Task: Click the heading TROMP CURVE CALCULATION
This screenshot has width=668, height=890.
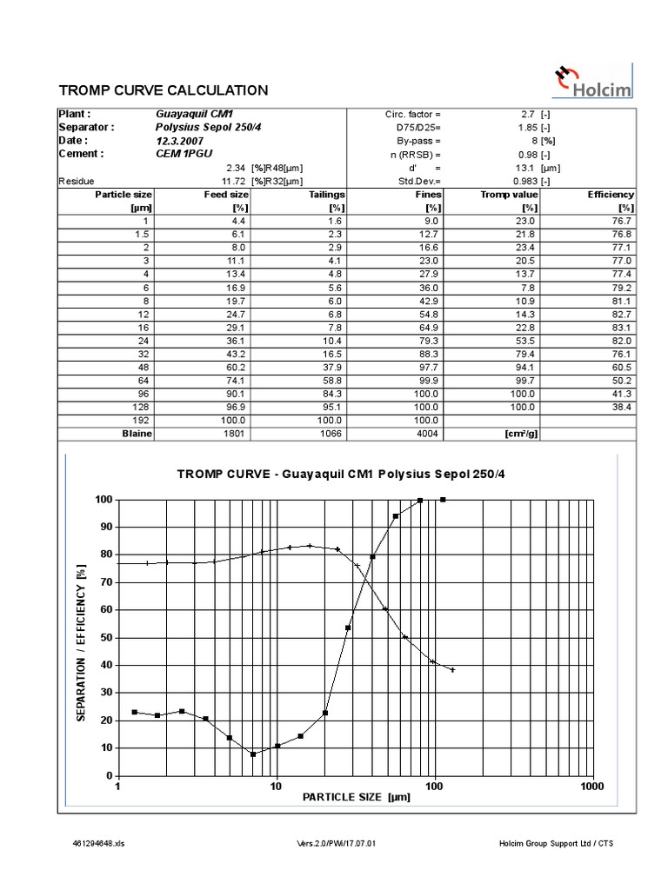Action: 163,90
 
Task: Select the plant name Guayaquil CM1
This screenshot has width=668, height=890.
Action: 194,114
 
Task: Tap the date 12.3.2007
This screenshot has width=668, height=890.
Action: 181,140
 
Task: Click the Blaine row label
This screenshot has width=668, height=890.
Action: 136,433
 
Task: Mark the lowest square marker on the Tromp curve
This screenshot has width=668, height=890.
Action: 253,754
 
